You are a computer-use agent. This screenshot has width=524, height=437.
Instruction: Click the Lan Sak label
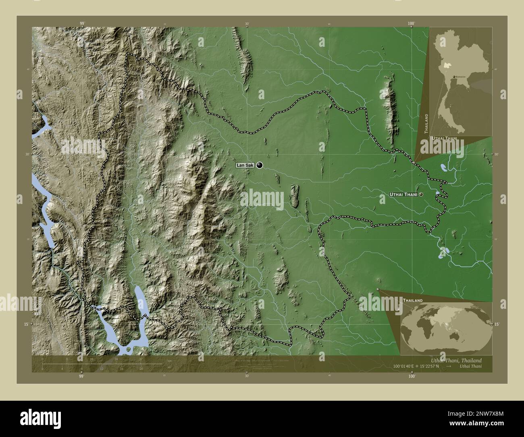click(x=245, y=165)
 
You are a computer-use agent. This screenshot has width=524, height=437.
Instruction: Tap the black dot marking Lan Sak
click(x=260, y=165)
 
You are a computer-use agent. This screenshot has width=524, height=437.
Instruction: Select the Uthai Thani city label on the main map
click(x=403, y=194)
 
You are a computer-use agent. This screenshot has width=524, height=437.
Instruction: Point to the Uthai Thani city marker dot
click(x=421, y=194)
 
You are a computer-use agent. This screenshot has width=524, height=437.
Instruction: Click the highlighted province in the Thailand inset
click(x=445, y=65)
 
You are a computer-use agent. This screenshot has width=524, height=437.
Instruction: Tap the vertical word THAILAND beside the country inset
click(x=426, y=123)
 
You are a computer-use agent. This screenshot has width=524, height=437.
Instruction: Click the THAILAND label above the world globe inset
click(x=413, y=301)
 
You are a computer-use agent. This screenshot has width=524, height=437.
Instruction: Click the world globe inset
click(x=446, y=327)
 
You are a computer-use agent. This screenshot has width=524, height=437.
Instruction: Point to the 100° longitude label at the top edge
click(x=411, y=24)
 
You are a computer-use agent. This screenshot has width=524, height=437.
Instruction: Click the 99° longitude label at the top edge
click(x=82, y=24)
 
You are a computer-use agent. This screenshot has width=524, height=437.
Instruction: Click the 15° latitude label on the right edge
click(x=497, y=324)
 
